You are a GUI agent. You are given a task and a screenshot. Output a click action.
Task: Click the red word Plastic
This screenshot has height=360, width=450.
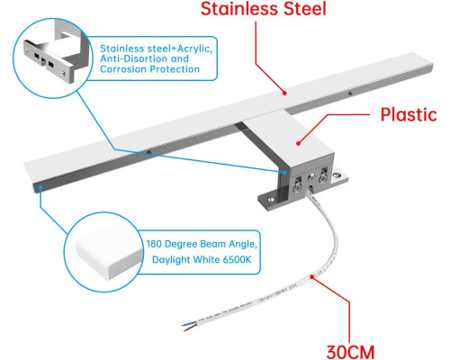click(x=409, y=114)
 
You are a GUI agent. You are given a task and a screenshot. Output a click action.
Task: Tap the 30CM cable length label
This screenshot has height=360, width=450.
click(x=350, y=352)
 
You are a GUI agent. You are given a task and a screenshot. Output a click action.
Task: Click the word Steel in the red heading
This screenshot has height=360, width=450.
click(x=305, y=8)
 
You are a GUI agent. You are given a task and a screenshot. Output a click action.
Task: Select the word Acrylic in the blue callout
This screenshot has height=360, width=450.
click(x=194, y=49)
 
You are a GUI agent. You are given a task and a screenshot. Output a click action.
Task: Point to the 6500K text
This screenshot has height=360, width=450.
click(x=237, y=259)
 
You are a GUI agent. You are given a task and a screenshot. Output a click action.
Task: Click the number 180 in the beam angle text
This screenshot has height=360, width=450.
click(x=154, y=244)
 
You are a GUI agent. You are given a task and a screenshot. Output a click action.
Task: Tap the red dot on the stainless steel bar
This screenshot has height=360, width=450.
click(x=284, y=93)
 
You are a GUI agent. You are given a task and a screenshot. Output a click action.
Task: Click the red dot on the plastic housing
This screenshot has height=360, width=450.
click(x=298, y=143)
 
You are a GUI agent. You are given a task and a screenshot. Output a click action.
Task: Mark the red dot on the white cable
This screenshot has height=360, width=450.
click(x=312, y=276)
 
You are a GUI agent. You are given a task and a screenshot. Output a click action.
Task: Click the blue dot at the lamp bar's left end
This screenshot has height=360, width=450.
click(x=40, y=188)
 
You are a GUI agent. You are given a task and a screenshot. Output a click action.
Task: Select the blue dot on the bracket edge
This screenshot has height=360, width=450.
click(x=284, y=173)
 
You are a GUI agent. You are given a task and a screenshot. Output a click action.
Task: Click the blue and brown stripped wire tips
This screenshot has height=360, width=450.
click(x=189, y=326)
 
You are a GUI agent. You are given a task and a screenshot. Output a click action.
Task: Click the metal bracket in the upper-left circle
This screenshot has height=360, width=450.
click(x=56, y=54)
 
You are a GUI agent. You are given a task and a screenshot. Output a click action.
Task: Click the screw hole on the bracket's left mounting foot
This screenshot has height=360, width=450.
click(x=272, y=199)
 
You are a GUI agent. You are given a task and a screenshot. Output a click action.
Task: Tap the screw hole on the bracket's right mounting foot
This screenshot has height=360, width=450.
click(x=338, y=174)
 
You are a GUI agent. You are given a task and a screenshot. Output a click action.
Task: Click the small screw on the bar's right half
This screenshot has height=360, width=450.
click(x=350, y=94)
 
